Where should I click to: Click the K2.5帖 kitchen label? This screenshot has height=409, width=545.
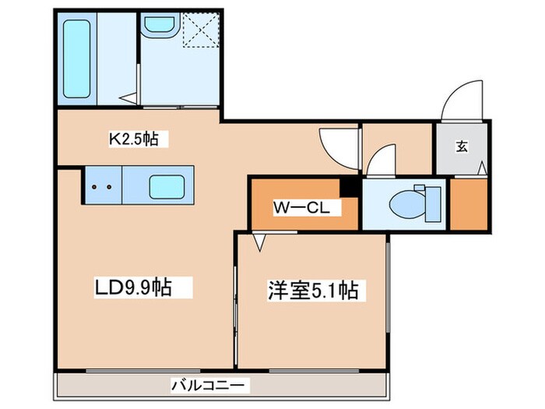tap(133, 139)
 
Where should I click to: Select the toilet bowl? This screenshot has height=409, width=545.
tap(406, 203)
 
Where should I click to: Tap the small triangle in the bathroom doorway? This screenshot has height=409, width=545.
tap(130, 97)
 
